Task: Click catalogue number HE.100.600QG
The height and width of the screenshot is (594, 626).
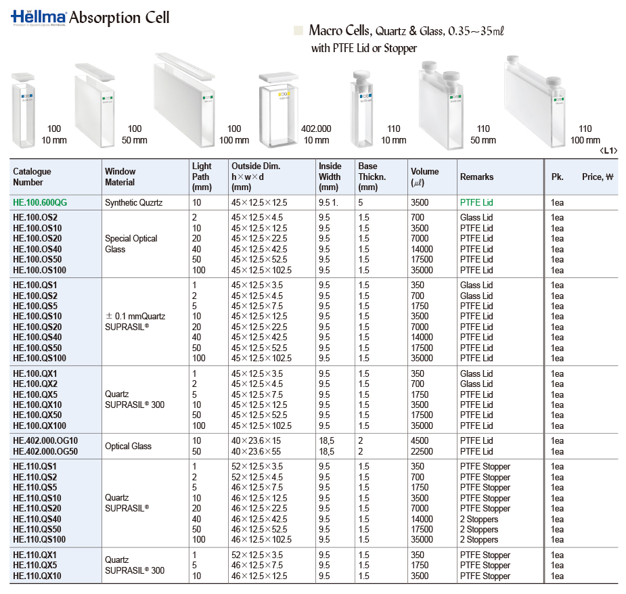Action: [40, 202]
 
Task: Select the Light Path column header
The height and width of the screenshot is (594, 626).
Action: [202, 177]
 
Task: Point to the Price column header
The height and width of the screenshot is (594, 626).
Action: [597, 177]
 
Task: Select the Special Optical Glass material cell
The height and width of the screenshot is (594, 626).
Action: [131, 244]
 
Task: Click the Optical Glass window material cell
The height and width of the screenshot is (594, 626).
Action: [128, 446]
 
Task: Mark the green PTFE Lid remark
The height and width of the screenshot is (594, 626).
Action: [476, 202]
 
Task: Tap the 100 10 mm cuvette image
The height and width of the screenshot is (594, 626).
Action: [25, 112]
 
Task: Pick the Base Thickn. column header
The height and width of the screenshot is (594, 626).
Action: [368, 177]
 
